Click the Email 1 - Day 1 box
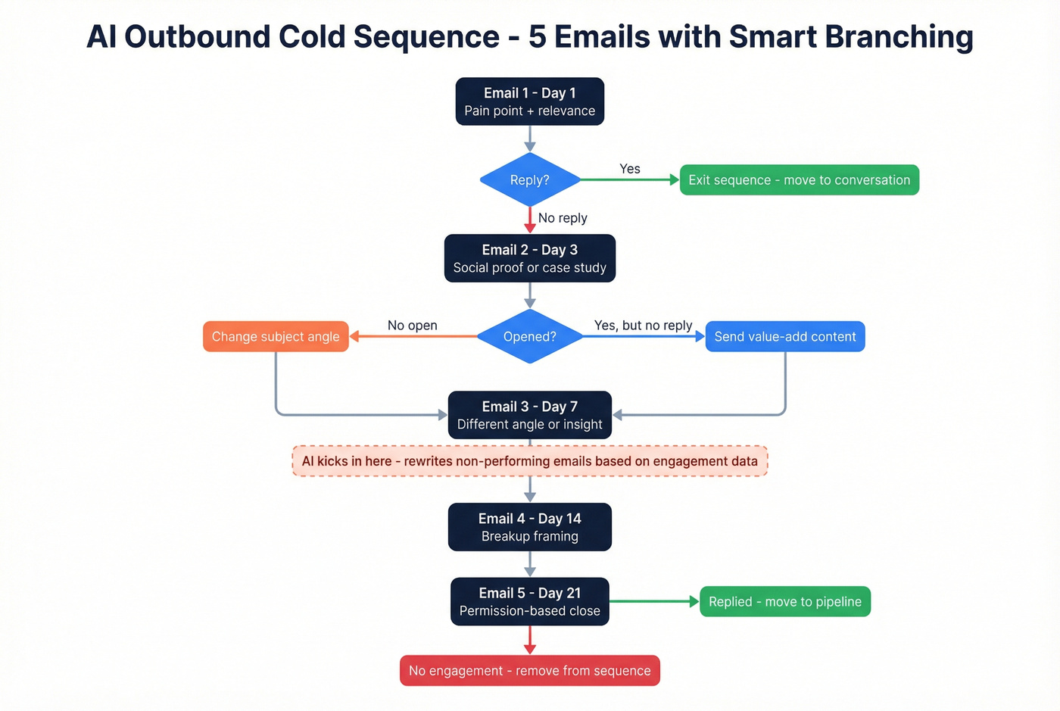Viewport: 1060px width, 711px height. point(529,101)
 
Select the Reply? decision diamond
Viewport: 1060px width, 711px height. point(529,180)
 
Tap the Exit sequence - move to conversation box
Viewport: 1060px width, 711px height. point(799,180)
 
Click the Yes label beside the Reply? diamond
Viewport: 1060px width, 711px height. point(629,169)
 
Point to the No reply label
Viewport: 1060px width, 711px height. point(563,218)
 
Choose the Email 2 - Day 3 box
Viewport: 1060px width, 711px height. point(529,258)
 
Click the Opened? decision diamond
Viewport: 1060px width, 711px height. point(529,337)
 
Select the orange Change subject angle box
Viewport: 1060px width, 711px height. point(276,337)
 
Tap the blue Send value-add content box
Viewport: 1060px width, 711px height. point(784,337)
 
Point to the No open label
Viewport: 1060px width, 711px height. point(412,326)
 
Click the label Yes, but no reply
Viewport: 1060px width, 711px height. point(643,326)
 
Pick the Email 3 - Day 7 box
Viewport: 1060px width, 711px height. point(529,415)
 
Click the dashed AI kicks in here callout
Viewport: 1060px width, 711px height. point(529,461)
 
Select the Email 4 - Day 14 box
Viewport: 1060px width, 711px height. point(529,527)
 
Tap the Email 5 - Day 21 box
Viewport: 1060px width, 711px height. point(529,602)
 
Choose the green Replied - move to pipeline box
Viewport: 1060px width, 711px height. point(784,602)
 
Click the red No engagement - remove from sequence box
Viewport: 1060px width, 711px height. point(529,671)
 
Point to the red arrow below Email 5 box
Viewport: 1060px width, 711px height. point(530,640)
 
